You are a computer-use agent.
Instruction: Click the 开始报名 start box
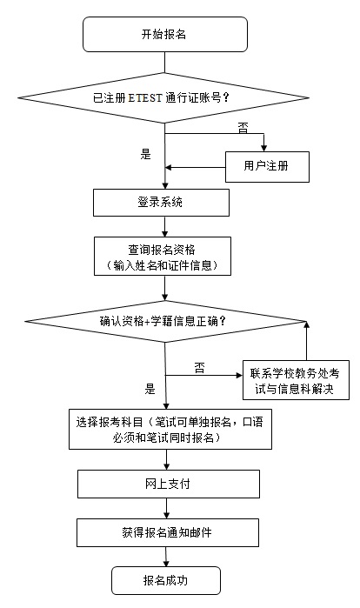click(x=164, y=35)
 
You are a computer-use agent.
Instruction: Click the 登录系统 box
click(x=162, y=203)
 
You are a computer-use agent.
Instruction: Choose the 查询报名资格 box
click(x=162, y=257)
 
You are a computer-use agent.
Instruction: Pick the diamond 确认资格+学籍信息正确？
click(x=164, y=321)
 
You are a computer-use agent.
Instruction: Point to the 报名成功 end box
click(x=164, y=578)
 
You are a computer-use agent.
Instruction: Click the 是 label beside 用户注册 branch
click(x=145, y=154)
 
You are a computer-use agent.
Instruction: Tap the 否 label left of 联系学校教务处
click(x=199, y=368)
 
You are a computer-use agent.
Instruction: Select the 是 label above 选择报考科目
click(x=150, y=389)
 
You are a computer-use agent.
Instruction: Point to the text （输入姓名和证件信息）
click(x=162, y=264)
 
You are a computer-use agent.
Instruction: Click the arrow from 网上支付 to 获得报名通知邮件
click(x=164, y=508)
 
